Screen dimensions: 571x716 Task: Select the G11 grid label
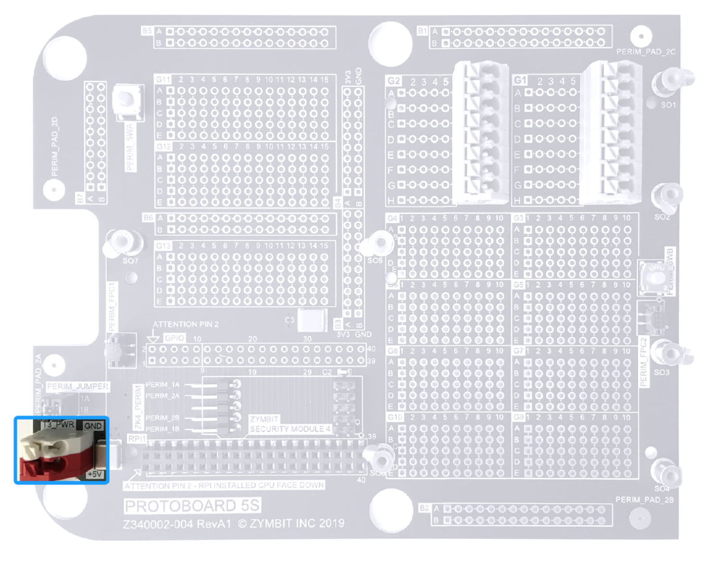pos(163,79)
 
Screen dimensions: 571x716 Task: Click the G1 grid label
pos(520,80)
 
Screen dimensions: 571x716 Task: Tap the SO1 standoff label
pos(669,105)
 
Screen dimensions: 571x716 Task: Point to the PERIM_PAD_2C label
pos(646,52)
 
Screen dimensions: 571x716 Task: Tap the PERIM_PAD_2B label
pos(644,499)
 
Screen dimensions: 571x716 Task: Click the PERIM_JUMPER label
pos(78,387)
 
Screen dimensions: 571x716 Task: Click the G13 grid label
pos(163,245)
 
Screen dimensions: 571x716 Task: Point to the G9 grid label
pos(519,416)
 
